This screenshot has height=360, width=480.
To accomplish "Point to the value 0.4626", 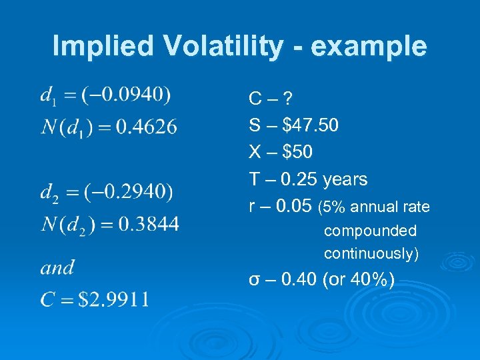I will coord(147,127).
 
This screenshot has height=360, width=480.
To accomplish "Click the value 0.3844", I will coord(148,224).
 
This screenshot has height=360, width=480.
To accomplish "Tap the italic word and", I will coord(57,268).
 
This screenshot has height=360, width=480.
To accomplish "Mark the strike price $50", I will coord(297,153).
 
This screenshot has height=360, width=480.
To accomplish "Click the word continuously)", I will coord(371,254).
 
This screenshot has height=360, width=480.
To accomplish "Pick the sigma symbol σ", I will coord(254,280).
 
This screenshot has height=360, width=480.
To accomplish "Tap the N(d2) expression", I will coord(67,224).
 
